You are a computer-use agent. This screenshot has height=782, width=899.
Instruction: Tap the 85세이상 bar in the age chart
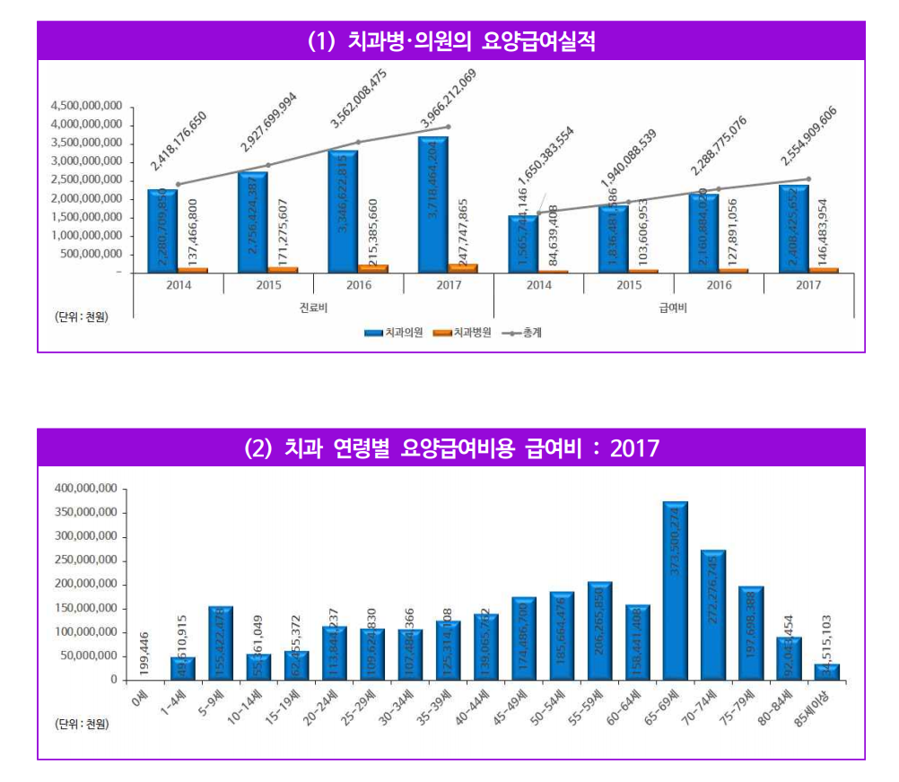pyautogui.click(x=827, y=672)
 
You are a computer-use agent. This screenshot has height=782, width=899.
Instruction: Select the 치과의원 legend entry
pyautogui.click(x=394, y=333)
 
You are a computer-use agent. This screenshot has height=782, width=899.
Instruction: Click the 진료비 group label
pyautogui.click(x=313, y=308)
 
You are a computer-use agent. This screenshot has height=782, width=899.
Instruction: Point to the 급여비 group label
pyautogui.click(x=674, y=308)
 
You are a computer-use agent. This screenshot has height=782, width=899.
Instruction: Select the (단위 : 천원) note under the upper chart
pyautogui.click(x=81, y=316)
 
